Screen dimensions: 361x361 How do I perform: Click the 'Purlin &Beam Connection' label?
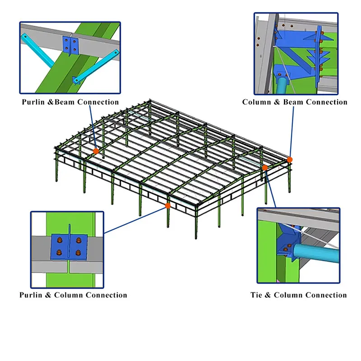tap(70, 102)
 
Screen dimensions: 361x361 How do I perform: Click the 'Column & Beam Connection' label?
tap(295, 102)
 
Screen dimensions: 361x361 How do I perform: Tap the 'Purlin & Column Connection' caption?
tap(73, 295)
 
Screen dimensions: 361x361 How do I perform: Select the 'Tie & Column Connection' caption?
tap(299, 295)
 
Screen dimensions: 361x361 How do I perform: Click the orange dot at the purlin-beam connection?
tap(96, 151)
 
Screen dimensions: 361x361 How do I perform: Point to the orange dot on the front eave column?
tap(167, 205)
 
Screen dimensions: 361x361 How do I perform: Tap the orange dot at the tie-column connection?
tap(265, 167)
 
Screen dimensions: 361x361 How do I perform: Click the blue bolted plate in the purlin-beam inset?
tap(70, 45)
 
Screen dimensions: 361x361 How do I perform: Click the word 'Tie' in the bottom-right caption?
tap(258, 295)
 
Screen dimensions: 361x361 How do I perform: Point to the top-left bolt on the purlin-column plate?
tap(59, 240)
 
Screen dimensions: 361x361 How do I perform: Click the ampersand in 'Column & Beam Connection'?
tap(278, 102)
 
